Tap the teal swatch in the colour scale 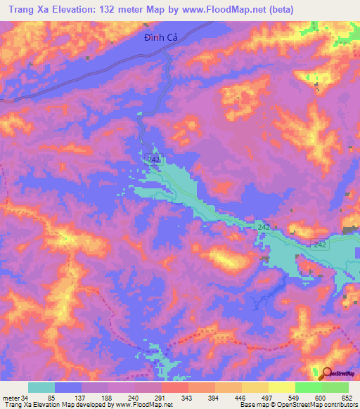pyautogui.click(x=41, y=387)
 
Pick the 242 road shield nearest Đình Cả pyautogui.click(x=155, y=160)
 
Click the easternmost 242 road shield pyautogui.click(x=320, y=244)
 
